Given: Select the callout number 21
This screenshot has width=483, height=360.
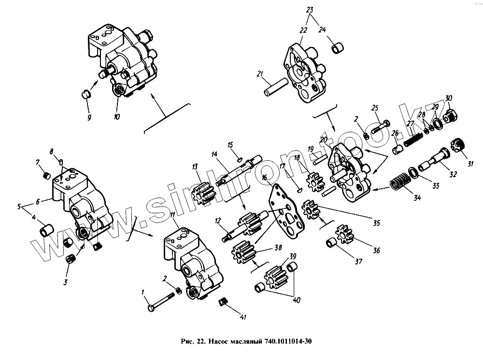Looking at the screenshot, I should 259,74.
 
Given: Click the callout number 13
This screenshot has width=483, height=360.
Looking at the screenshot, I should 195,167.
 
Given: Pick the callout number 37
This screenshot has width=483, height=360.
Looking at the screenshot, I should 358,262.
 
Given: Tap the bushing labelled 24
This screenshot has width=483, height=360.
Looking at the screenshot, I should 338,48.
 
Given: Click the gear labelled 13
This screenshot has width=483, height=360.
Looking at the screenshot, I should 205,192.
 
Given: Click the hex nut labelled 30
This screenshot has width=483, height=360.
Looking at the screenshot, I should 448,116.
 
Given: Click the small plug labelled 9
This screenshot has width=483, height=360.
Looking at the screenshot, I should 86,94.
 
